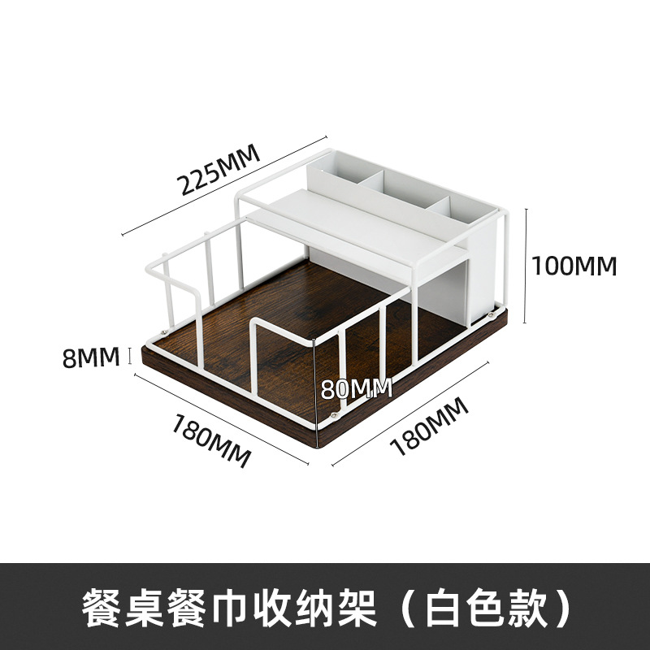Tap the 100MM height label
click(574, 265)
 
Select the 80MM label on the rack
click(356, 388)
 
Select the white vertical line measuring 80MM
click(316, 382)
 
